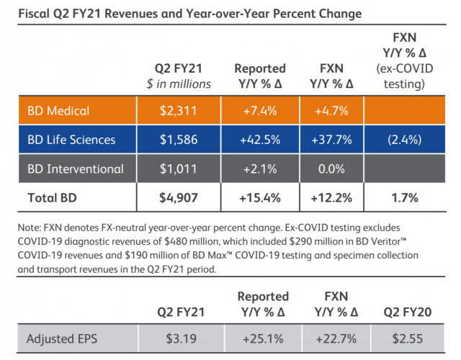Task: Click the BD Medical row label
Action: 58,111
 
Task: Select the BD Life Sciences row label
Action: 72,140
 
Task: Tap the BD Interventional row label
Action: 76,170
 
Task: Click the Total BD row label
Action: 54,196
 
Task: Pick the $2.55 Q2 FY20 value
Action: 407,337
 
